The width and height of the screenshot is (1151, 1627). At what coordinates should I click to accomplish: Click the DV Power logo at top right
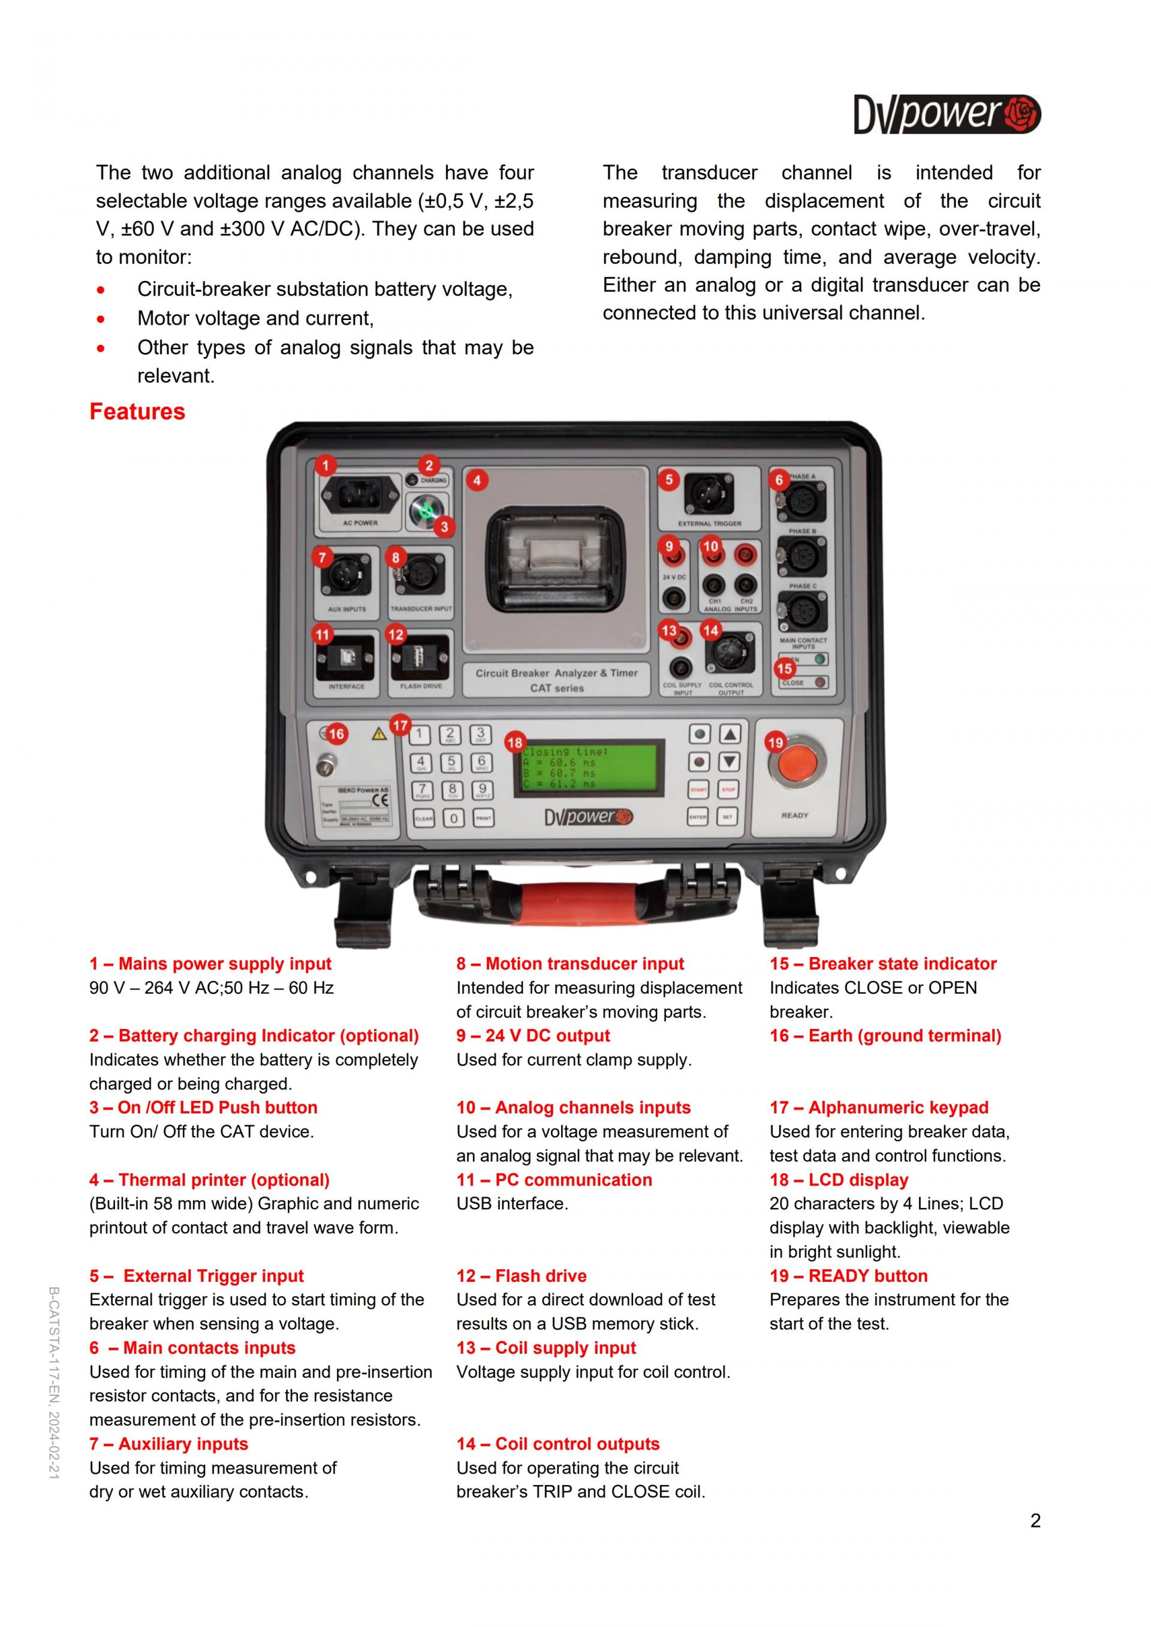(947, 115)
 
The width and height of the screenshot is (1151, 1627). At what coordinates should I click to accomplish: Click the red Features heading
(137, 412)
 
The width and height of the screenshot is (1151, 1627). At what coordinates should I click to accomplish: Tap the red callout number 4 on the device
(477, 481)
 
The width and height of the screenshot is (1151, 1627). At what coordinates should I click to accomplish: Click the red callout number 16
(336, 734)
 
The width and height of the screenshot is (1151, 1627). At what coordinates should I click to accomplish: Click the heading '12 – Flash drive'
(521, 1276)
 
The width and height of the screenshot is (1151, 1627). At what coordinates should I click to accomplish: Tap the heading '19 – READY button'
(848, 1276)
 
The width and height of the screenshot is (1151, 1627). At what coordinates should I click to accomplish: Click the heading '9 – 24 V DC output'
(532, 1036)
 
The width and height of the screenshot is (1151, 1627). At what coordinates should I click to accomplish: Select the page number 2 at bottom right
(1035, 1521)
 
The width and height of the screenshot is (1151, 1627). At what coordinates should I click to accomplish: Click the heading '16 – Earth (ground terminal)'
(885, 1036)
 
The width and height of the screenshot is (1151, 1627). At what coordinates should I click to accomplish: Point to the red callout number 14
(710, 629)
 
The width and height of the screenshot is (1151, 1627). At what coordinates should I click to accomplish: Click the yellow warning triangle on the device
(380, 735)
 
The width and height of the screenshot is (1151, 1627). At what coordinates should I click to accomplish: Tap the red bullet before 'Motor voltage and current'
(101, 319)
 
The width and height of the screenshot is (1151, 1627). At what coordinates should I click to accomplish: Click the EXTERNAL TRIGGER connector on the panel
(709, 494)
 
